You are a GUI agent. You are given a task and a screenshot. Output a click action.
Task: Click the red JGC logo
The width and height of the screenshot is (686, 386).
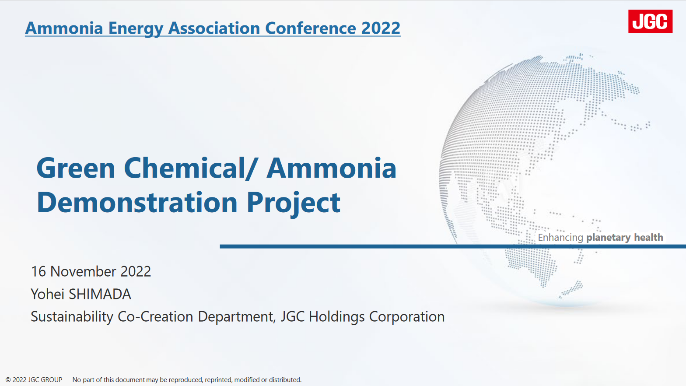point(650,21)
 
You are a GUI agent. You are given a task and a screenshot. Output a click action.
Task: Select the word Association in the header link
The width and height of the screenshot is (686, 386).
point(214,28)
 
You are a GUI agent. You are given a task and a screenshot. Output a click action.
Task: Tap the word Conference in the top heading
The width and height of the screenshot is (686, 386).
point(311,28)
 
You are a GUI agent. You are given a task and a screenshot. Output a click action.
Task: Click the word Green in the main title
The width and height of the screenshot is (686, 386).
point(76,168)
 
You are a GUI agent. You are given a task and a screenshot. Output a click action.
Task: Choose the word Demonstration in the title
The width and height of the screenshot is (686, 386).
point(137,202)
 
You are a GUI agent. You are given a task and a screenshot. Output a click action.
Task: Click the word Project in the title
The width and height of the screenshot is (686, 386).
point(293,203)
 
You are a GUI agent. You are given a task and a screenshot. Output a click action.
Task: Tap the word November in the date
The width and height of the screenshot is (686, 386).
point(83,271)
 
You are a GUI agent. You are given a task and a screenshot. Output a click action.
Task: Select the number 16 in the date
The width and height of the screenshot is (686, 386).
point(38,271)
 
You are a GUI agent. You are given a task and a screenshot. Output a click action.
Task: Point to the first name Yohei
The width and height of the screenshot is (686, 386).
point(47,294)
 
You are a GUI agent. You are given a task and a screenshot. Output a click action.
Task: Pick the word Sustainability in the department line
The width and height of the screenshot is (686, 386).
point(72,317)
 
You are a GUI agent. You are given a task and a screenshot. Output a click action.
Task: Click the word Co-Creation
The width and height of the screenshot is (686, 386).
point(155,317)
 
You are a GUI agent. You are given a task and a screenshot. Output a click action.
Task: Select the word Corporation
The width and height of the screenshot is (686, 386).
point(407,317)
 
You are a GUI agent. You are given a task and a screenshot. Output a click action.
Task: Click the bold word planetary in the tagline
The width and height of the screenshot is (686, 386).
point(608,238)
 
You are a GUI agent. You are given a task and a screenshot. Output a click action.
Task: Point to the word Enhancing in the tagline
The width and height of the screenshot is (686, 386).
point(560,238)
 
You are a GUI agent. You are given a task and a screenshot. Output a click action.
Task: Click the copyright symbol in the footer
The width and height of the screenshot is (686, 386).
point(8,380)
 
